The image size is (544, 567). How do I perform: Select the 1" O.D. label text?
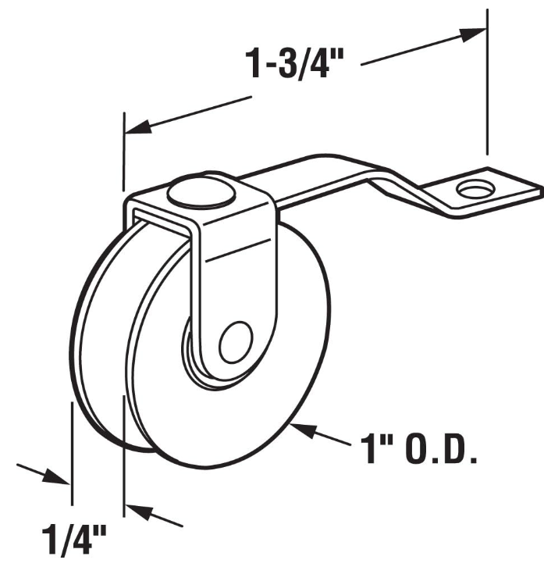click(x=418, y=450)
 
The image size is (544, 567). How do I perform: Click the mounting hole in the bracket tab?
click(x=473, y=189)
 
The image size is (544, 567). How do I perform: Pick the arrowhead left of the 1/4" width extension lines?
click(x=59, y=476)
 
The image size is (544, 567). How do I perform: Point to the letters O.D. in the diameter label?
click(x=439, y=450)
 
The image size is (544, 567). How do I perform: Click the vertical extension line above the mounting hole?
click(x=487, y=86)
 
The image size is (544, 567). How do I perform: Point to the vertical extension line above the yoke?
click(x=124, y=152)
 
